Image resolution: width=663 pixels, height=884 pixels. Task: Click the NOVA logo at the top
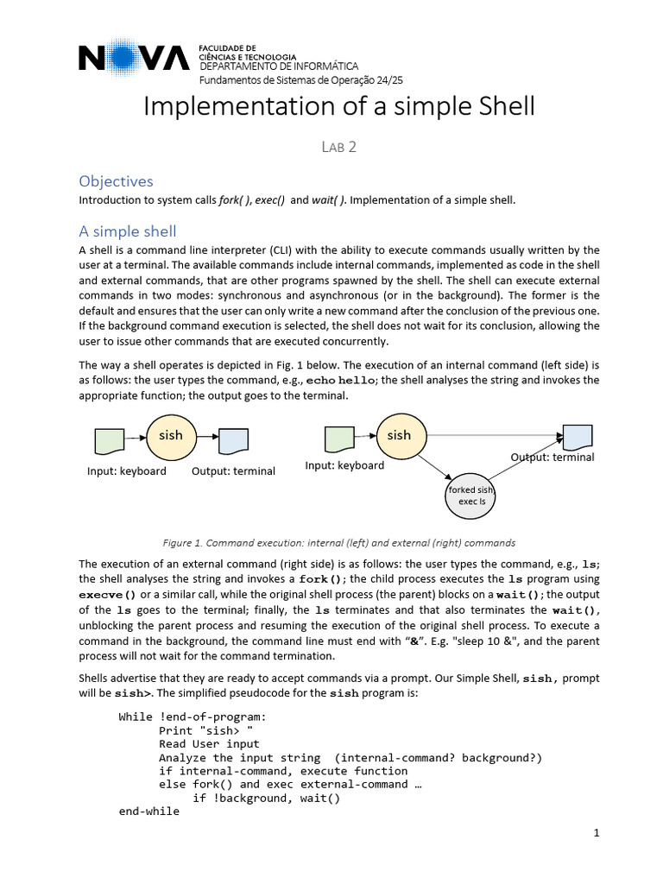point(134,58)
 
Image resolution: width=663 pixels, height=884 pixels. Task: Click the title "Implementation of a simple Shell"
point(338,106)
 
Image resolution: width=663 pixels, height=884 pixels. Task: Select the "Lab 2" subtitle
point(338,147)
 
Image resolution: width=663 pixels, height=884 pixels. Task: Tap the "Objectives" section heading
point(116,181)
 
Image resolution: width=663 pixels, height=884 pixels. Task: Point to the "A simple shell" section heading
point(127,230)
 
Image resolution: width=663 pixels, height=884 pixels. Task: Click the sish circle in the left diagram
point(171,436)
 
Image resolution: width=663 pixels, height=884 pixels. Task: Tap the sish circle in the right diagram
point(399,435)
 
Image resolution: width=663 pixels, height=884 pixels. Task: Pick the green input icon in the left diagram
point(109,441)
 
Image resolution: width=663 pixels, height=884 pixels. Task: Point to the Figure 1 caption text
point(339,543)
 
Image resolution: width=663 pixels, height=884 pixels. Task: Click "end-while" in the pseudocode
point(148,811)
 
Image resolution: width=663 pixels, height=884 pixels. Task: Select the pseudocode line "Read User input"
point(209,743)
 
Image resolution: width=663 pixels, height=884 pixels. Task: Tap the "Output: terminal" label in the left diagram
point(233,471)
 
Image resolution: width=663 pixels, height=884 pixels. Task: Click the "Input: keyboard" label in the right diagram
point(344,465)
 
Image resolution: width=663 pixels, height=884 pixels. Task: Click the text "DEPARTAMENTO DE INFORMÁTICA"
point(279,67)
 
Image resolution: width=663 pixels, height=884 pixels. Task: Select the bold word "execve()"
point(108,595)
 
